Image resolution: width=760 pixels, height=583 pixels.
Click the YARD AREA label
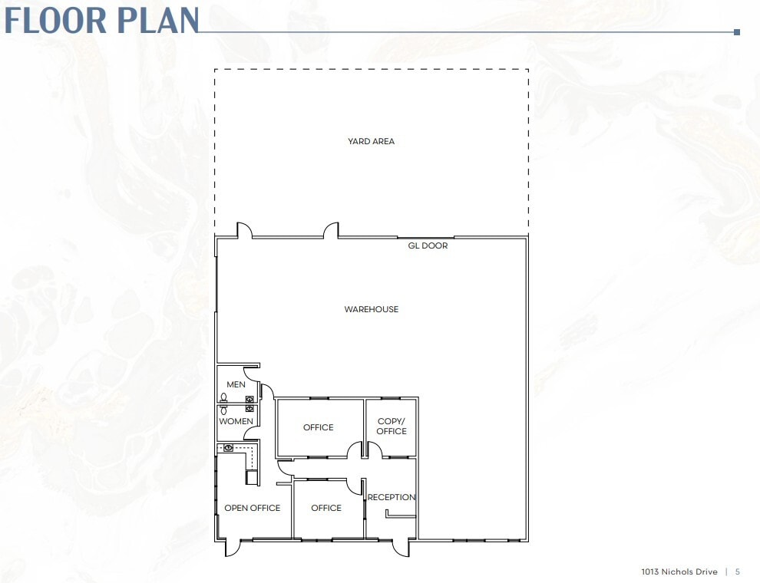coord(371,141)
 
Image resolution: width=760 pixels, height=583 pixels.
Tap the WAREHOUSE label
coord(371,309)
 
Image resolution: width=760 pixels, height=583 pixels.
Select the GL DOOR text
coord(428,245)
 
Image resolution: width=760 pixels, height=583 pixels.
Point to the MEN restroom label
coord(236,384)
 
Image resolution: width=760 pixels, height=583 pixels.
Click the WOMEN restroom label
coord(236,421)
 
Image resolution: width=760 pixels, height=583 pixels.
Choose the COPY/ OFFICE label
coord(392,426)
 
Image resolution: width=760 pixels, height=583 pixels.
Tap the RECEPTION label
coord(392,497)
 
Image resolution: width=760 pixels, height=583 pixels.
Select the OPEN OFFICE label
coord(252,508)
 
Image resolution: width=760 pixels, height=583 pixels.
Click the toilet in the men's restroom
coord(223,397)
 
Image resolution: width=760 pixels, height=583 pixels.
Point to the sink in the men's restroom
coord(250,398)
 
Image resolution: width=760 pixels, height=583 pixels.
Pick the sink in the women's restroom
coord(250,408)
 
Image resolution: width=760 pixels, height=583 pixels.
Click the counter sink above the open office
coord(228,446)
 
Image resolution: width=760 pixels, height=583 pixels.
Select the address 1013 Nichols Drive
coord(679,571)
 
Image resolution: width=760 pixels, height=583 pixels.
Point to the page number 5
coord(738,571)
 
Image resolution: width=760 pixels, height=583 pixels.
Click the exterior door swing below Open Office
coord(232,547)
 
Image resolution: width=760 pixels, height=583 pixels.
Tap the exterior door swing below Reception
coord(401,547)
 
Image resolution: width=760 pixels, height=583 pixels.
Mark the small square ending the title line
coord(737,32)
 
